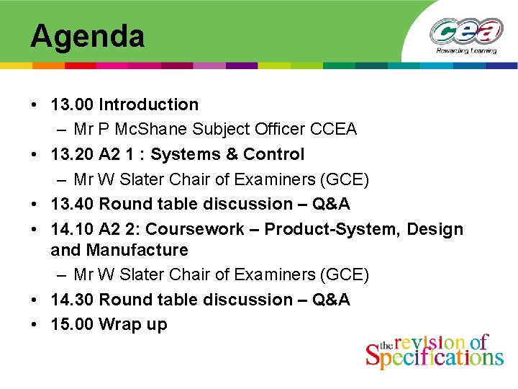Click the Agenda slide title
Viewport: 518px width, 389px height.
(x=87, y=36)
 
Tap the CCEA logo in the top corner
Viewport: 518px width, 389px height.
(x=466, y=34)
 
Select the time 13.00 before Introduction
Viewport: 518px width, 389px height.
(x=72, y=104)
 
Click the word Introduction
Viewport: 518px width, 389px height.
(x=148, y=104)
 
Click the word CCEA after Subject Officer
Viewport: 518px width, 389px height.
(x=333, y=130)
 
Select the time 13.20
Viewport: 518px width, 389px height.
(x=72, y=154)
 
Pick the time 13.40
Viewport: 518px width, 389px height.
(x=72, y=204)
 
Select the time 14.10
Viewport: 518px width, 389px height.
(x=72, y=229)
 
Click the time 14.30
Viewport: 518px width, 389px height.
(x=72, y=300)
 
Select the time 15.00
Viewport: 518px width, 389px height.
(x=72, y=324)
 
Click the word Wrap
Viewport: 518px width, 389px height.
(x=119, y=324)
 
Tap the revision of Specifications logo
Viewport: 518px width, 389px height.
(x=435, y=351)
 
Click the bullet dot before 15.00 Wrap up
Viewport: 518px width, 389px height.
(x=35, y=325)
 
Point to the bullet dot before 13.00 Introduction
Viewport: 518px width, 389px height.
(x=35, y=105)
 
